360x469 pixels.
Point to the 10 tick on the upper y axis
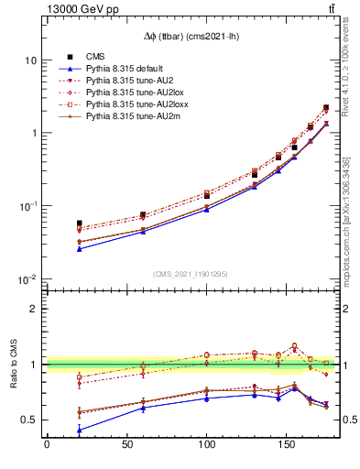(x=30, y=60)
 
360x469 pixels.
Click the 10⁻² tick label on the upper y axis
(x=27, y=278)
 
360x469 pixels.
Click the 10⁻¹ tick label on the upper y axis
(x=27, y=206)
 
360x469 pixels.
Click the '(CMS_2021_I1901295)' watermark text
(x=191, y=273)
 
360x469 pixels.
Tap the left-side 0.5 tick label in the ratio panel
(x=30, y=420)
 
